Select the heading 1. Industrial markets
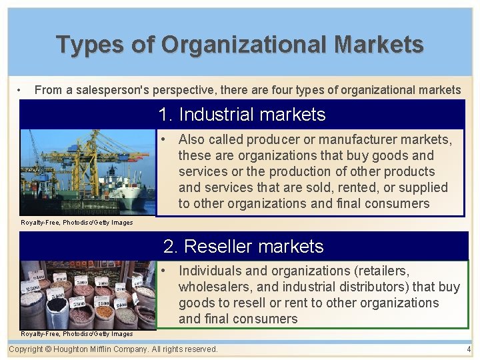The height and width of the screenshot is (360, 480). pos(242,115)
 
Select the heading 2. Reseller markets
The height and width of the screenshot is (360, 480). pos(243,247)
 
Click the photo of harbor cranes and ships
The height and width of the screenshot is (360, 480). pos(87,172)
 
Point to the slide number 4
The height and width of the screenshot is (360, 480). pos(469,349)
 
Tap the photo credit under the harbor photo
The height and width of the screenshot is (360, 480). pos(77,223)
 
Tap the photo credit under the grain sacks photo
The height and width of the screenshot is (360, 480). pos(77,333)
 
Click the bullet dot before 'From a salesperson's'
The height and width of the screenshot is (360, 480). pos(21,90)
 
